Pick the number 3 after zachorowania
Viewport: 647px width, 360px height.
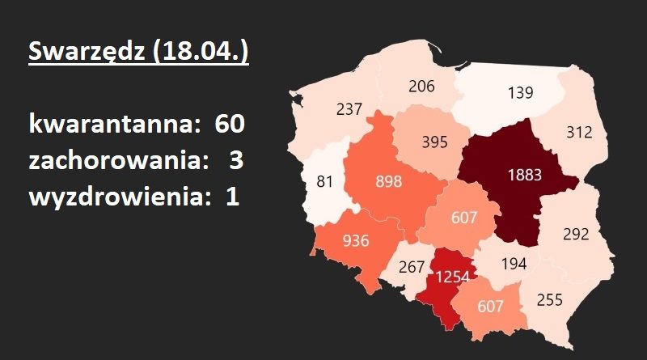(235, 160)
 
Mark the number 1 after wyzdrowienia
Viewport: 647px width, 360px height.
(233, 197)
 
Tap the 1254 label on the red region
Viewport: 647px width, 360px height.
(454, 277)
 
